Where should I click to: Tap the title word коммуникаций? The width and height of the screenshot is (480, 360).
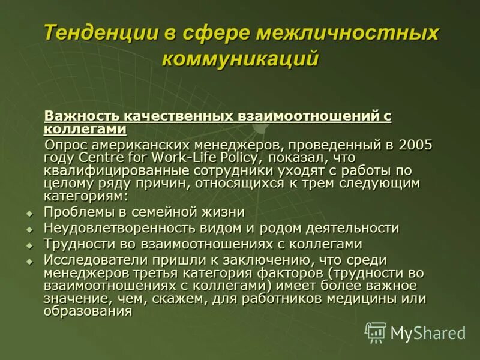coord(240,59)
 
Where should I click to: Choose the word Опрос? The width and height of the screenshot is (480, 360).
coord(67,145)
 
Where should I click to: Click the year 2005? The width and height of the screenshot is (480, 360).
coord(415,145)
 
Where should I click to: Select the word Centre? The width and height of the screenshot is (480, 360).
coord(99,158)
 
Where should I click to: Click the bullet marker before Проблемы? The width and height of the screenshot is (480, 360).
coord(29,213)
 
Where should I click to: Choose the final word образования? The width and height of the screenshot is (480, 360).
coord(88,311)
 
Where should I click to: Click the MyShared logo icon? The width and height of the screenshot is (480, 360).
coord(376,332)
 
